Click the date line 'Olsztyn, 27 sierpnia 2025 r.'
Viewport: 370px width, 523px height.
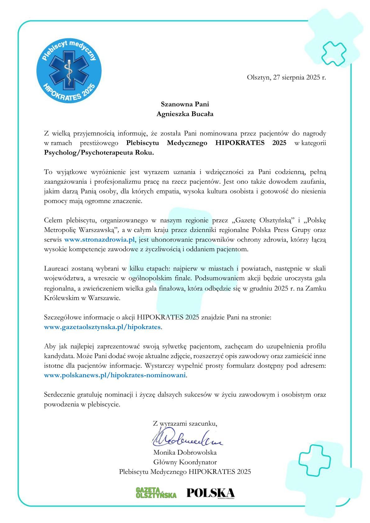[286, 77]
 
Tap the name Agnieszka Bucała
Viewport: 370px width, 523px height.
[185, 114]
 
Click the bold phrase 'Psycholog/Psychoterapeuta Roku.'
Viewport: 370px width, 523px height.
[99, 153]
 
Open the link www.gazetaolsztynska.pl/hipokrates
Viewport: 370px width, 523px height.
[102, 327]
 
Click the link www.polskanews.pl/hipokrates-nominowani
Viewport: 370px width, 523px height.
[115, 375]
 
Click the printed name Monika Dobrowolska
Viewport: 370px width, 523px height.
[185, 452]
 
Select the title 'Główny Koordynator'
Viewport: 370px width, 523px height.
[185, 462]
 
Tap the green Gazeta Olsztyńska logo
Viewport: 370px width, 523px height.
[156, 493]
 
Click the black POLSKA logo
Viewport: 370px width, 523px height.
[210, 493]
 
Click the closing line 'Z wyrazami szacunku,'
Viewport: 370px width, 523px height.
[185, 423]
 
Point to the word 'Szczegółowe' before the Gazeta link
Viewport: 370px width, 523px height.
[62, 317]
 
